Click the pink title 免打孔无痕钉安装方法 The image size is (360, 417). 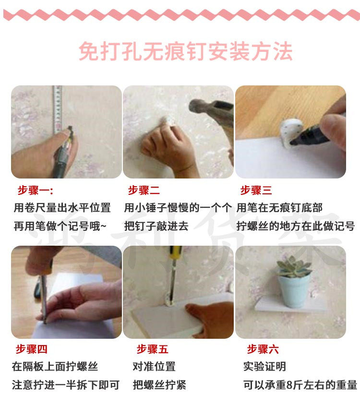click(x=185, y=51)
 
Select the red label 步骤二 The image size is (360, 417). click(x=144, y=191)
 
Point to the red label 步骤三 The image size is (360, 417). click(x=256, y=191)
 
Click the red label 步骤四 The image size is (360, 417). click(x=32, y=349)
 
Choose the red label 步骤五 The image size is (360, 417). click(x=153, y=349)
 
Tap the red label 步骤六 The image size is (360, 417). click(x=263, y=349)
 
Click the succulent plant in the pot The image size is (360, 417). click(x=294, y=266)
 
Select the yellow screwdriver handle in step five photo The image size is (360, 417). click(x=176, y=252)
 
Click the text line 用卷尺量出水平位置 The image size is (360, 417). click(x=62, y=208)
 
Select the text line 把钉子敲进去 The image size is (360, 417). click(x=156, y=226)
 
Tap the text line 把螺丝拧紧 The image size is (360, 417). click(x=160, y=385)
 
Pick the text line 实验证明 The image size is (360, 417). click(x=265, y=367)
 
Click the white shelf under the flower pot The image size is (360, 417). click(x=290, y=305)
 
